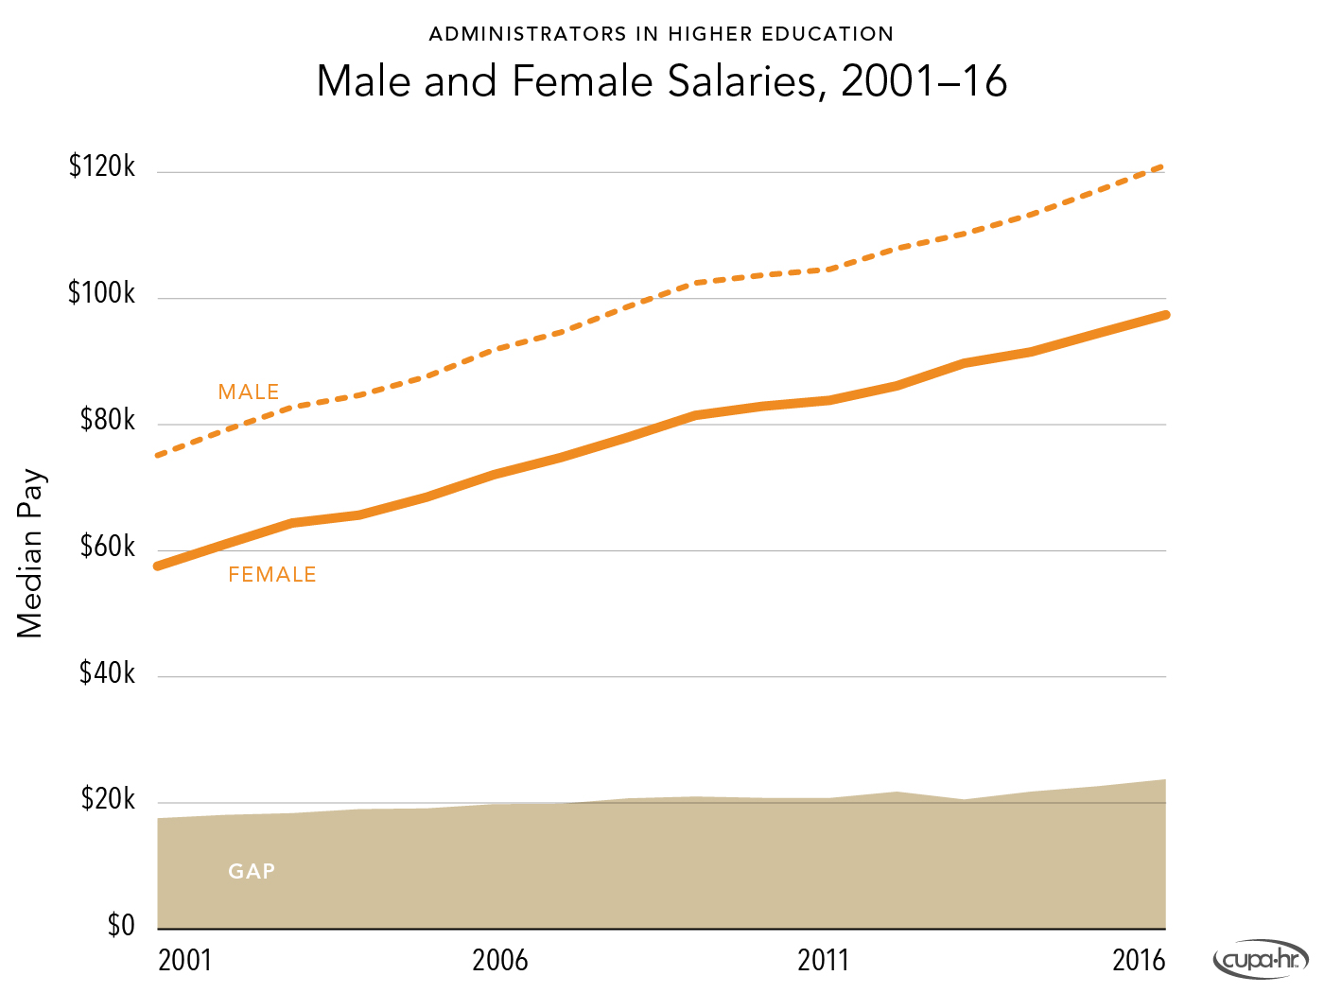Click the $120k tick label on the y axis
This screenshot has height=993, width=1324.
102,167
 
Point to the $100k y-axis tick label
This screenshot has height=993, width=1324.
102,294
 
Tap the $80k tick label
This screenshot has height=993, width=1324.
108,420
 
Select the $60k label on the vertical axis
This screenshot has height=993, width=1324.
108,547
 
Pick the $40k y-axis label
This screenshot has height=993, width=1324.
108,672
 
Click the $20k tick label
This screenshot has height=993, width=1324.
108,799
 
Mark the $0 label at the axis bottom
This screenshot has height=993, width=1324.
121,925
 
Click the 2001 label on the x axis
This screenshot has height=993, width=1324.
185,961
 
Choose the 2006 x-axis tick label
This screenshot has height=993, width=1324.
500,961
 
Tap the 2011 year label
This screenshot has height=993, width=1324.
824,961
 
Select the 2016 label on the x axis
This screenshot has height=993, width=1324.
1139,961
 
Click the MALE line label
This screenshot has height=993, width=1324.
249,392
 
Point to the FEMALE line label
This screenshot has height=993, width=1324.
272,575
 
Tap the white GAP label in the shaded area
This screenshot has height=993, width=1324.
252,871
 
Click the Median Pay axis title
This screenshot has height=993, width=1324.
30,553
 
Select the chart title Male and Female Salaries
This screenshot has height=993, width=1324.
661,81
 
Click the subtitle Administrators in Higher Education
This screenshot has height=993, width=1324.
661,34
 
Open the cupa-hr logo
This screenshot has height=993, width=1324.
1261,960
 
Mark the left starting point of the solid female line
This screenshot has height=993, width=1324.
159,566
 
